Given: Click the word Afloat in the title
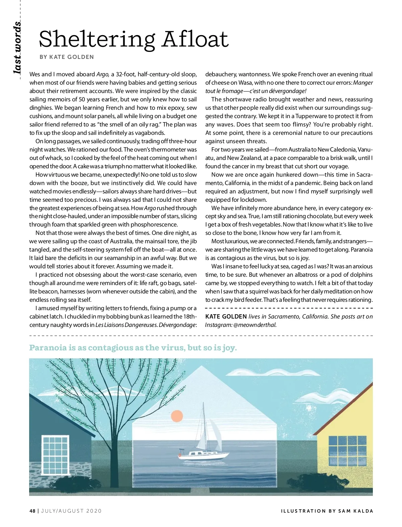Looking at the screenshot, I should coord(195,39).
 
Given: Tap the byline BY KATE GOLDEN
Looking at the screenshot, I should coord(67,57).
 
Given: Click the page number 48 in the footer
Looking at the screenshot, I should coord(32,511).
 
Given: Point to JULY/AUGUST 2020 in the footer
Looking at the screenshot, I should coord(71,511).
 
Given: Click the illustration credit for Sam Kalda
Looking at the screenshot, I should coord(327,511).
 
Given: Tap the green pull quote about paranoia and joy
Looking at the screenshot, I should coord(133,348).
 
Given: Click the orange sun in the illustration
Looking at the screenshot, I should coord(177,416).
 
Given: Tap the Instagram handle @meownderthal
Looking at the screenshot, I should coord(255,325).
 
